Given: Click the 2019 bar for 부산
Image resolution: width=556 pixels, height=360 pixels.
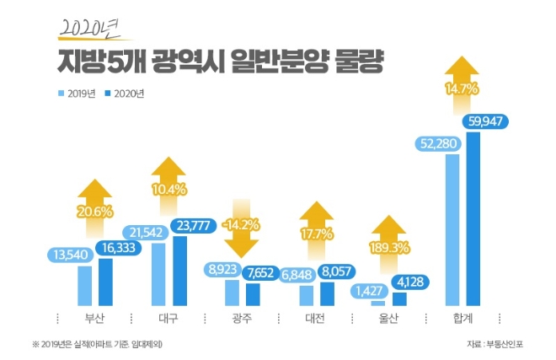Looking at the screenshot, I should [85, 285].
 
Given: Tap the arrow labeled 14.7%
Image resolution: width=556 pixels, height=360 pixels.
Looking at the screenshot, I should [462, 86].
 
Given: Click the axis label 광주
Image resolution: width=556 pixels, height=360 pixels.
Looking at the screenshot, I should [243, 320].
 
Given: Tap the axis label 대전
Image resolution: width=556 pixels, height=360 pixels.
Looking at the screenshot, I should [317, 320].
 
